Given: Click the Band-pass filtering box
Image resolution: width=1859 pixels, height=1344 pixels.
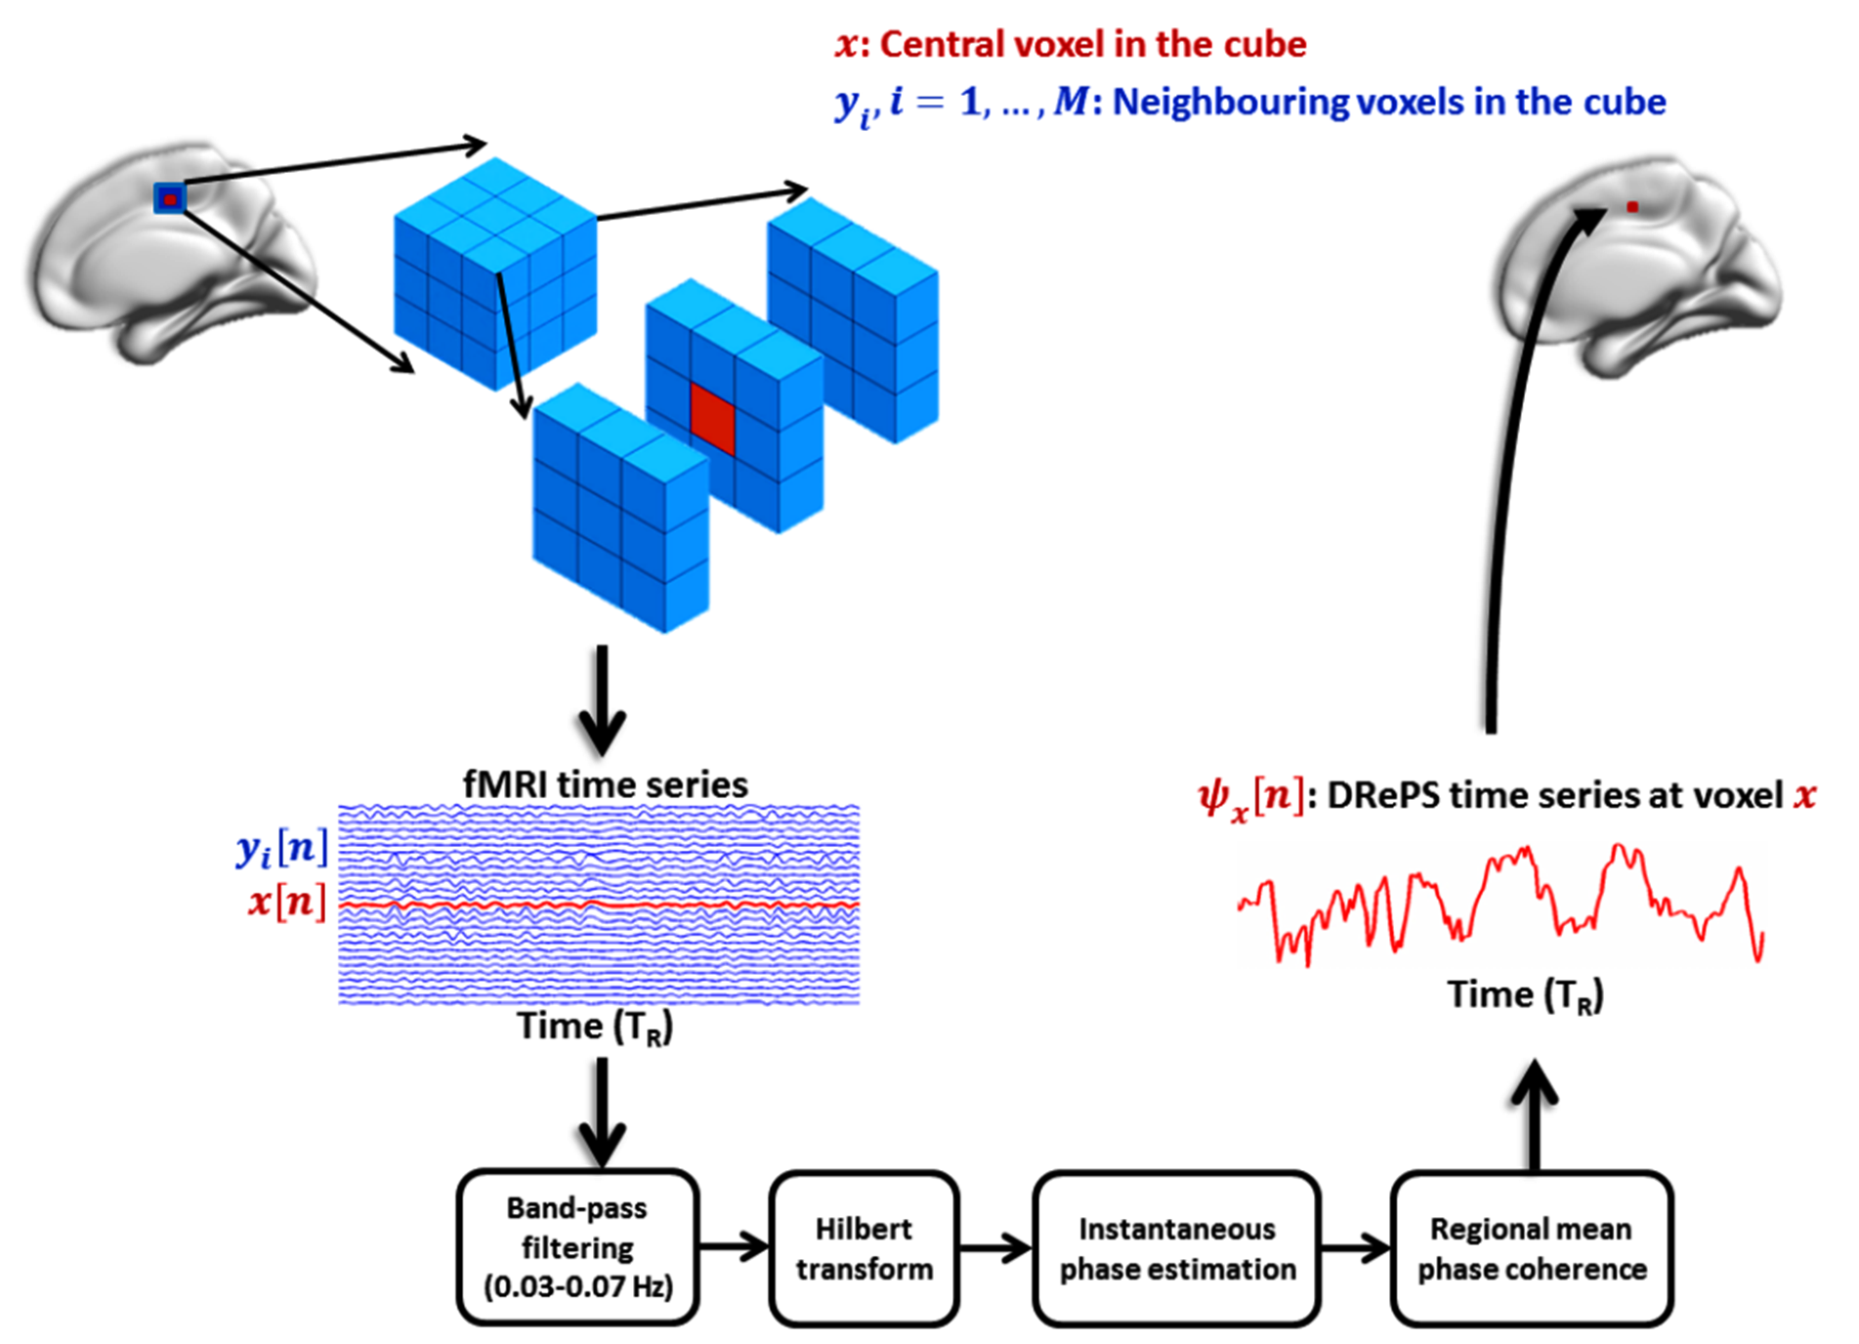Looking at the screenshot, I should click(x=577, y=1247).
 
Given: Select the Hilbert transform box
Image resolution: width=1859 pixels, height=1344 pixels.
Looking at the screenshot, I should click(x=864, y=1248).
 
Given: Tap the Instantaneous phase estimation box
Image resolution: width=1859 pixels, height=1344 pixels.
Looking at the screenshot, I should click(x=1177, y=1248).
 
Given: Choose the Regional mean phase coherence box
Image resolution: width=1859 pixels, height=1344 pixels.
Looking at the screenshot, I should click(x=1532, y=1248).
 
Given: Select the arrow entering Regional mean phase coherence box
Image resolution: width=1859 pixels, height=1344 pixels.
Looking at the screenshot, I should click(x=1356, y=1247).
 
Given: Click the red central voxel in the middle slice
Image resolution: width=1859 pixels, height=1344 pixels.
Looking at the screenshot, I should click(x=712, y=418).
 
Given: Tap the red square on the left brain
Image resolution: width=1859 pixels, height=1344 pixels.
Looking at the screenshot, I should click(x=170, y=199).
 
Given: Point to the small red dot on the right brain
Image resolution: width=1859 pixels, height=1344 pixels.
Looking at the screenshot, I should click(x=1632, y=207).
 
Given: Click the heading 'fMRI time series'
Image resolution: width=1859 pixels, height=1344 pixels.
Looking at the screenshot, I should click(x=605, y=784).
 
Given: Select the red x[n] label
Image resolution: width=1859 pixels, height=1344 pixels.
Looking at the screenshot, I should click(x=287, y=901).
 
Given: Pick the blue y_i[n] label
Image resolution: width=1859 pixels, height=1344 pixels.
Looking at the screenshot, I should click(x=281, y=848).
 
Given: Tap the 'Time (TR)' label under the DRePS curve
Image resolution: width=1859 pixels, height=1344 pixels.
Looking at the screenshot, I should click(x=1525, y=995).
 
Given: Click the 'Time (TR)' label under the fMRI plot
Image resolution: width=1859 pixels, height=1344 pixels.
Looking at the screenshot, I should click(x=594, y=1027).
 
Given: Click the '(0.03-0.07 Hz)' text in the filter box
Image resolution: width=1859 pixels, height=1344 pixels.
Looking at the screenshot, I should click(x=578, y=1286).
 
